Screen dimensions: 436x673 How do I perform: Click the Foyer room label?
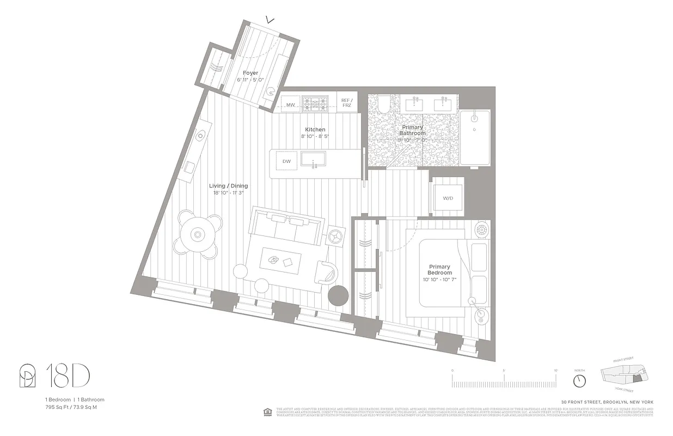(250, 73)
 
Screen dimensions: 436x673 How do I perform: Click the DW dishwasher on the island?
(286, 161)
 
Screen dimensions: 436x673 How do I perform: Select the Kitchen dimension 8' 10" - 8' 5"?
(315, 136)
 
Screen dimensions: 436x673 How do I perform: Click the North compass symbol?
(579, 379)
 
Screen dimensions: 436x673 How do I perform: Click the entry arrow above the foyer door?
(269, 20)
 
